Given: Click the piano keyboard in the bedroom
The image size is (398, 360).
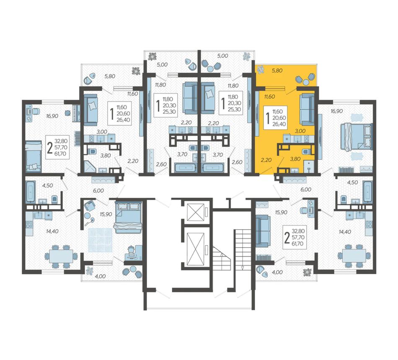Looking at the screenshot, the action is point(76,113).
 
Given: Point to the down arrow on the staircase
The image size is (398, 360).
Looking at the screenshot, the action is point(243,267).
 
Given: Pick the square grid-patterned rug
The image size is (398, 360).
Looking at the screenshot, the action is point(100,240).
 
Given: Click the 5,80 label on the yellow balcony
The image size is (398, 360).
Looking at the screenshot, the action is point(277,70).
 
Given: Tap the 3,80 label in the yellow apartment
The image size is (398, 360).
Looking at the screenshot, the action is point(295,159).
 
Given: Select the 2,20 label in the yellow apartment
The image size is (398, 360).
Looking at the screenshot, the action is point(266,160).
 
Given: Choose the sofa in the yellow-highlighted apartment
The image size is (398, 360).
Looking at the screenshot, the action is point(307,110).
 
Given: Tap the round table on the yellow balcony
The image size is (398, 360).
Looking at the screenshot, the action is point(307,82).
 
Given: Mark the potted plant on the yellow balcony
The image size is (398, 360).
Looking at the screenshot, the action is point(261,69).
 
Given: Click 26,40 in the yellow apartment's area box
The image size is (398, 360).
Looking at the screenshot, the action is point(279,124).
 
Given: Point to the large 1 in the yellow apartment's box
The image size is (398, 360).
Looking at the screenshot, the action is point(268,118).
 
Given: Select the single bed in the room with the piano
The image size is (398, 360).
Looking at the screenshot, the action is point(33,156).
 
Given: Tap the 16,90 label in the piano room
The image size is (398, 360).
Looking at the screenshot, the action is point(52,116).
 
